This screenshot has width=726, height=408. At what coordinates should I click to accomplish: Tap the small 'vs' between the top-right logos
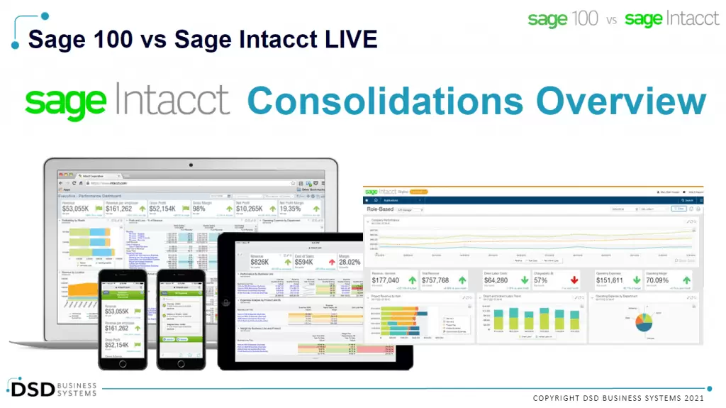pyautogui.click(x=611, y=21)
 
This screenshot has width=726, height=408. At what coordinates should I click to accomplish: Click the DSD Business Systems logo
pyautogui.click(x=53, y=387)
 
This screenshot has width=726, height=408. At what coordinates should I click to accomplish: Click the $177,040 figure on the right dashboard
pyautogui.click(x=385, y=280)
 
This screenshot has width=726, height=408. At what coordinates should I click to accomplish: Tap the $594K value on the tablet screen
pyautogui.click(x=303, y=263)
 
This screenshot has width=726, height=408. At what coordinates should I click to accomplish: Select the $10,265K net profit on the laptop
pyautogui.click(x=250, y=209)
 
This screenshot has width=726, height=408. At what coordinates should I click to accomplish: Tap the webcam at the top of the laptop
pyautogui.click(x=191, y=165)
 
